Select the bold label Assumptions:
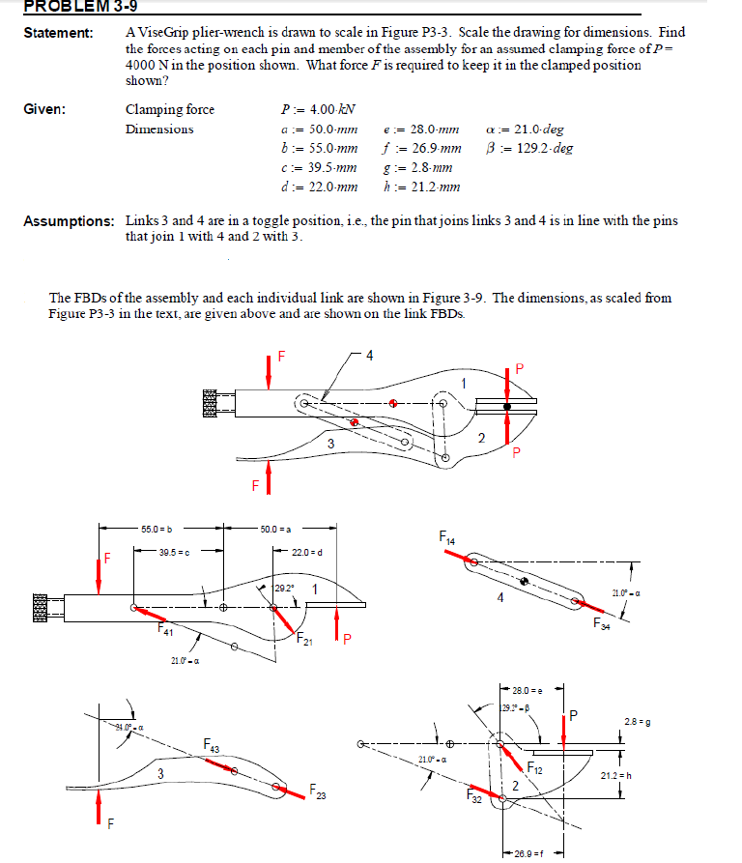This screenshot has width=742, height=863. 68,221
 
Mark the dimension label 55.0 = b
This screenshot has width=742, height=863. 157,529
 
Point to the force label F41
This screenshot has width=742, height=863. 169,630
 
